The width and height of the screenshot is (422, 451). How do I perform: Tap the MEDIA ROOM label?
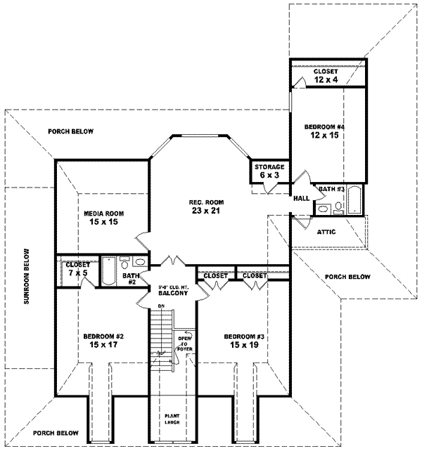104,214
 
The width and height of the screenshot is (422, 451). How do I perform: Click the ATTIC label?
326,231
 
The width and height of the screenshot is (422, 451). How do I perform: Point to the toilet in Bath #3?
338,207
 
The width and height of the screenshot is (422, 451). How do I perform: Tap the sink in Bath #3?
322,209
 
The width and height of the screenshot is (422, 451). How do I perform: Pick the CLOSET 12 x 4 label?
325,75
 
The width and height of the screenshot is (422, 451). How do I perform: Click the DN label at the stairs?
161,307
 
